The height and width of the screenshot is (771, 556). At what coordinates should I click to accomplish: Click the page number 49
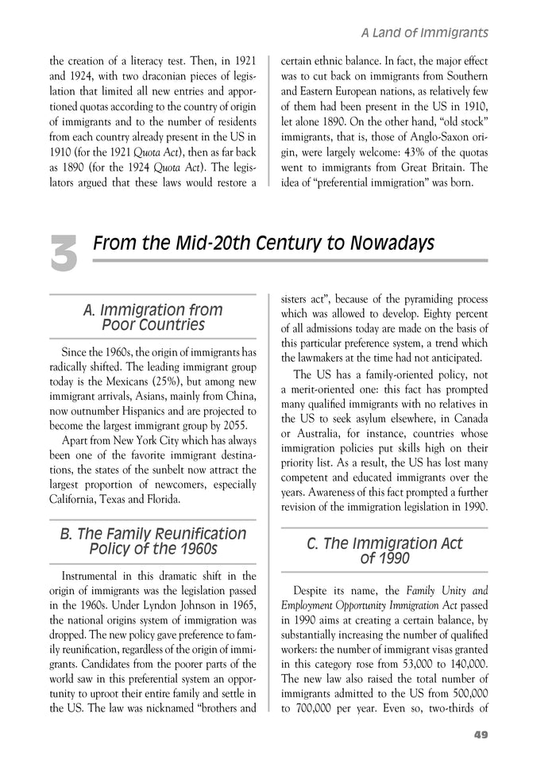tap(480, 734)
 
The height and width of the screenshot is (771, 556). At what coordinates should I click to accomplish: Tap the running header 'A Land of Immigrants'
tap(423, 33)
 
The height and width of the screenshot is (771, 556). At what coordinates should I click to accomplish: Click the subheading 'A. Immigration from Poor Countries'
tap(153, 317)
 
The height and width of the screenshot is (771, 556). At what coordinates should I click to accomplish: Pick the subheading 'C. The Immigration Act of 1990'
tap(384, 550)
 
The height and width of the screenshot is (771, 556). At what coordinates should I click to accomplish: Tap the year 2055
tap(237, 426)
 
